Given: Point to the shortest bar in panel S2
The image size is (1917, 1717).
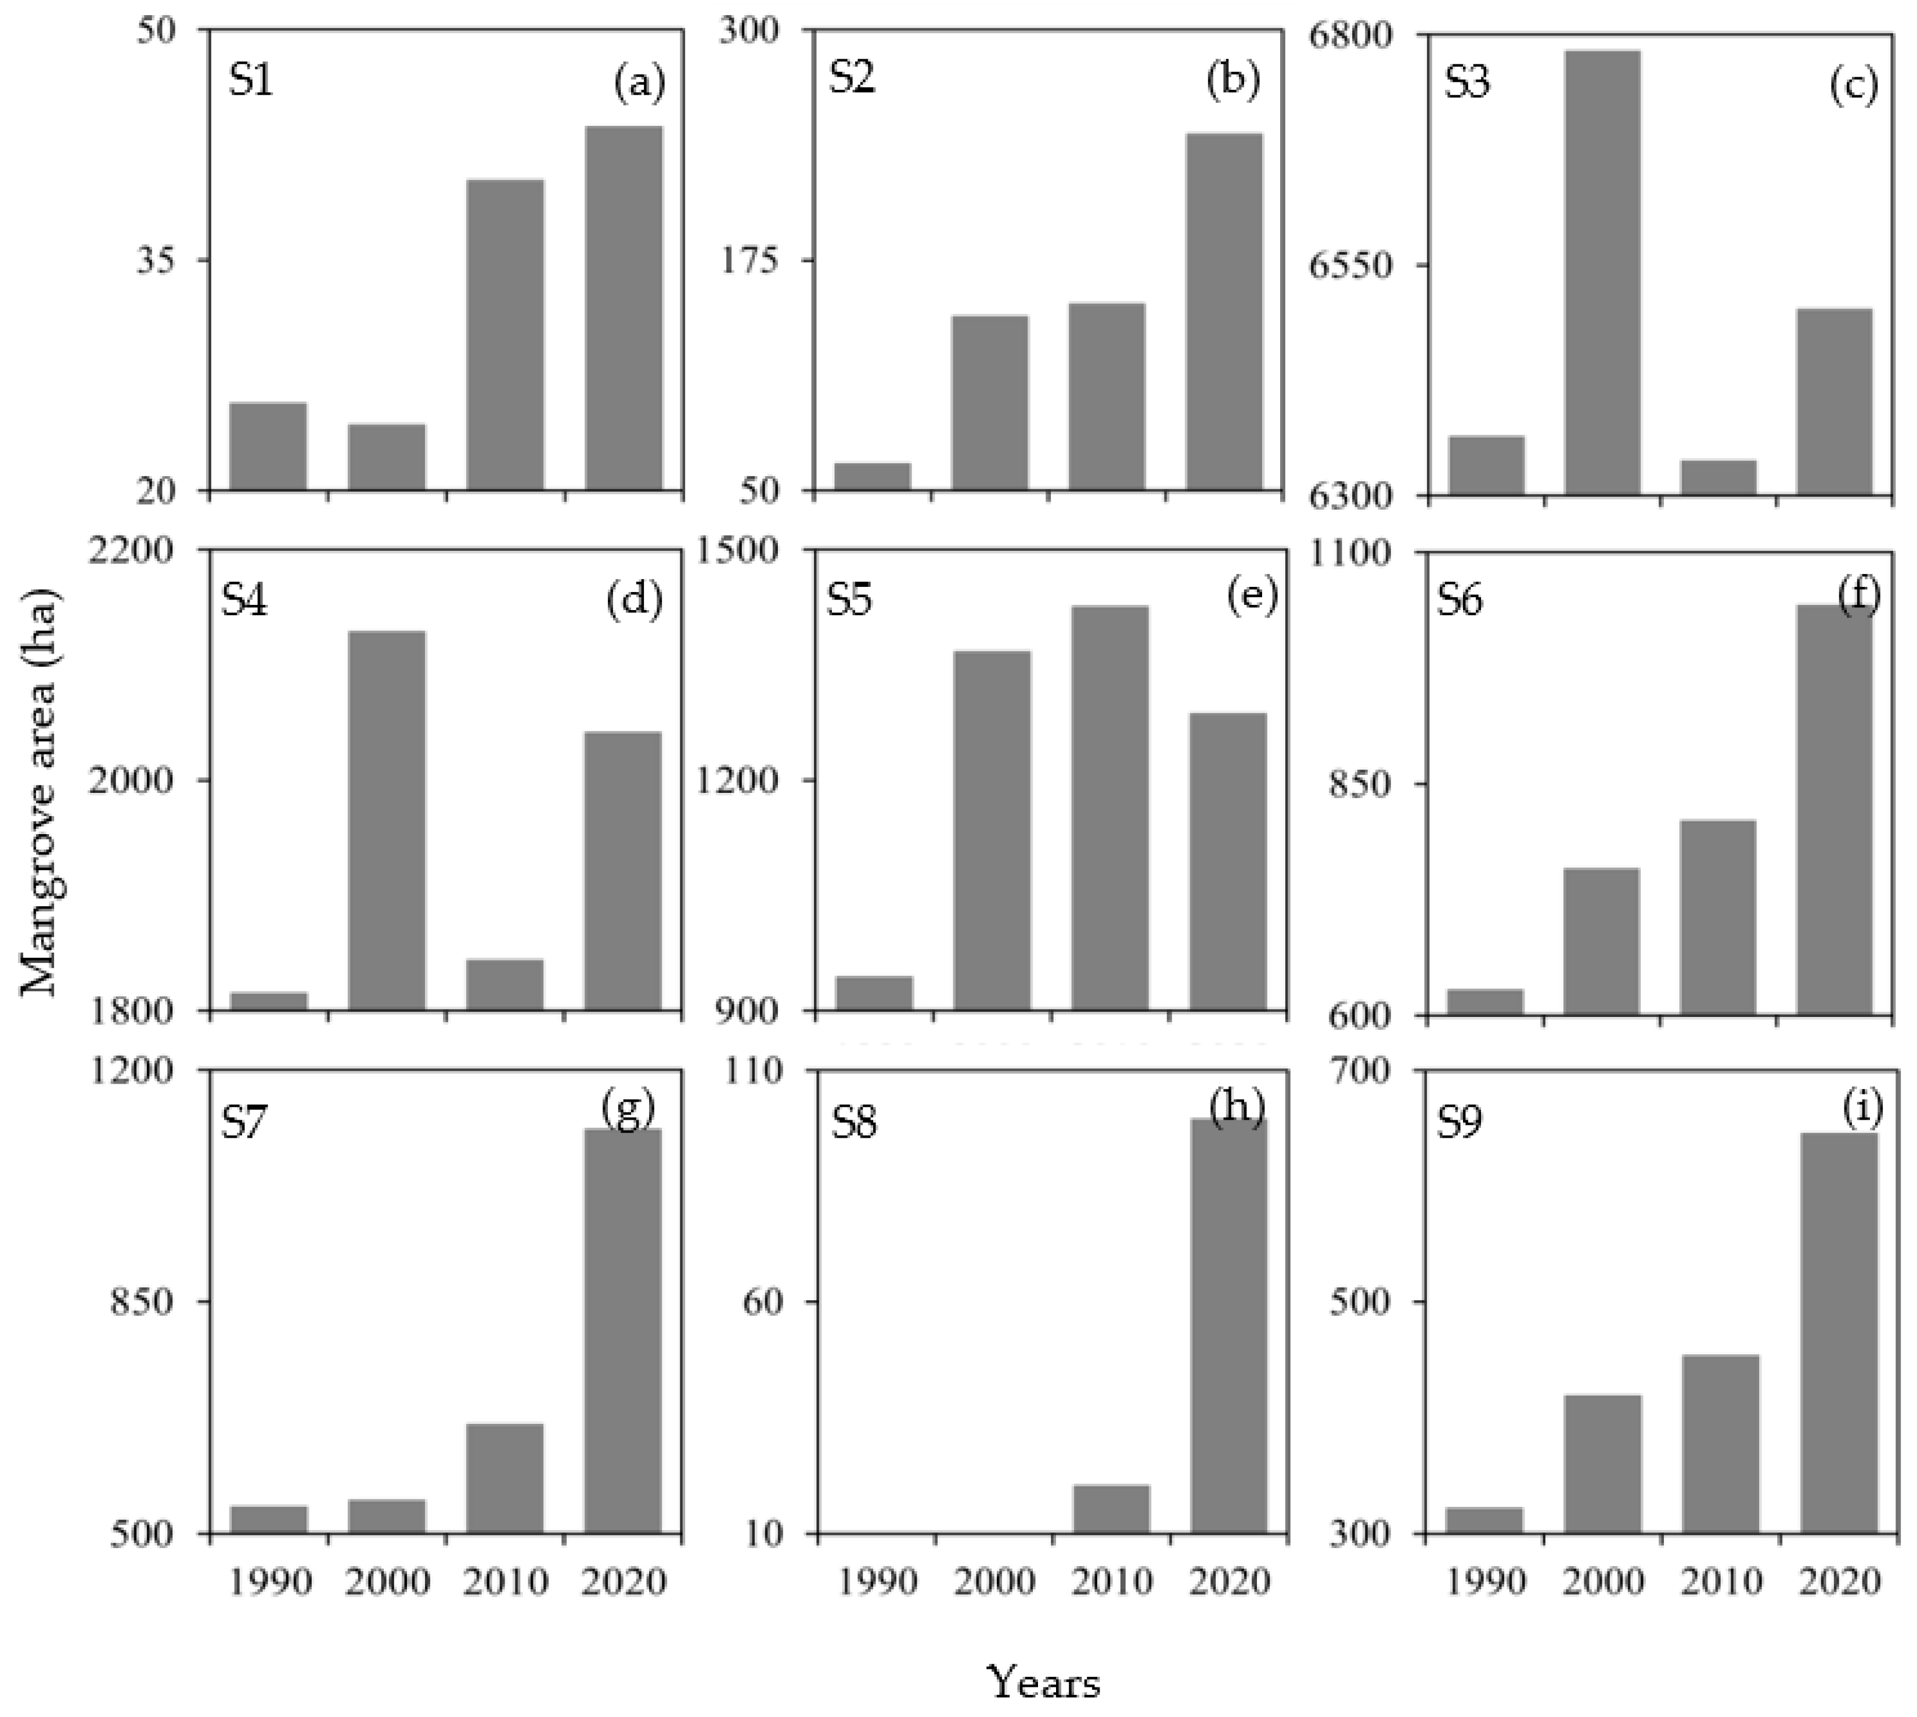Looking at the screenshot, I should (x=873, y=477).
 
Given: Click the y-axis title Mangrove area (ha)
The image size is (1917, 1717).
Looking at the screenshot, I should (x=39, y=792).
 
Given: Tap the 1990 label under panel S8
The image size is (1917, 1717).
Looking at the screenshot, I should (x=877, y=1581).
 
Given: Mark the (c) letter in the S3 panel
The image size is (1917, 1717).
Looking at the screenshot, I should (x=1853, y=85).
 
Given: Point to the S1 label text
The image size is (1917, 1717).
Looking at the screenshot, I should (x=250, y=81).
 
